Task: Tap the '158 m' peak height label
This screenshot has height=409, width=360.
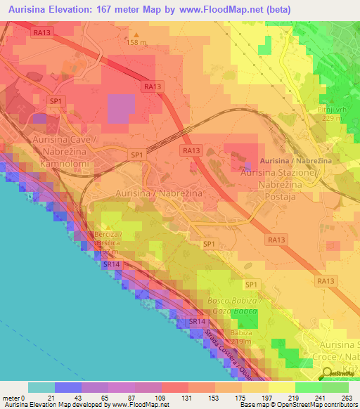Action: (x=138, y=41)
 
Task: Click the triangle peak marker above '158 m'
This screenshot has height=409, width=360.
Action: (x=137, y=33)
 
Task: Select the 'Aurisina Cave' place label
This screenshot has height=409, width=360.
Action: (x=63, y=140)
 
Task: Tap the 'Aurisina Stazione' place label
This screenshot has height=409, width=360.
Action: (x=280, y=172)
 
